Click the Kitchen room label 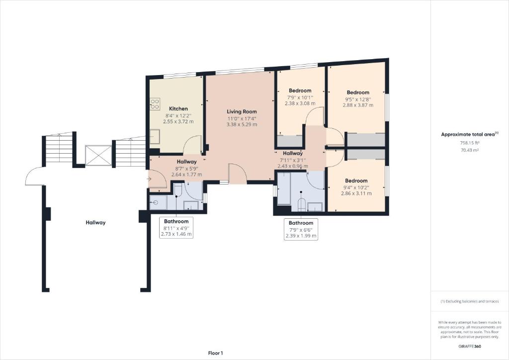coord(178,109)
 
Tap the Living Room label coord(242,112)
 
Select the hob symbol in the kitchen coord(155,104)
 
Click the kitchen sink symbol coord(155,136)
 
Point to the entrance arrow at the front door coord(149,179)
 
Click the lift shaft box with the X coord(98,156)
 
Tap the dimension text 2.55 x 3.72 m coord(178,121)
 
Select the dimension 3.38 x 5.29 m coord(242,124)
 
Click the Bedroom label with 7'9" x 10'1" coord(300,90)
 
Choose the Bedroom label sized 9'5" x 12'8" coord(358,92)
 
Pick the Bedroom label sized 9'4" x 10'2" coord(356,181)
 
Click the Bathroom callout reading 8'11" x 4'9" coord(176,228)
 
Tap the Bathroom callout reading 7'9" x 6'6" coord(301,230)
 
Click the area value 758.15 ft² coord(470,143)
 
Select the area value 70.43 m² coord(470,150)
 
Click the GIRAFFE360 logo coord(470,347)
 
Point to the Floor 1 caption coord(216,353)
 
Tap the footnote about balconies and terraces coord(470,301)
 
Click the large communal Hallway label coord(95,223)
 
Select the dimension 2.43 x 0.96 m coord(293,166)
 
